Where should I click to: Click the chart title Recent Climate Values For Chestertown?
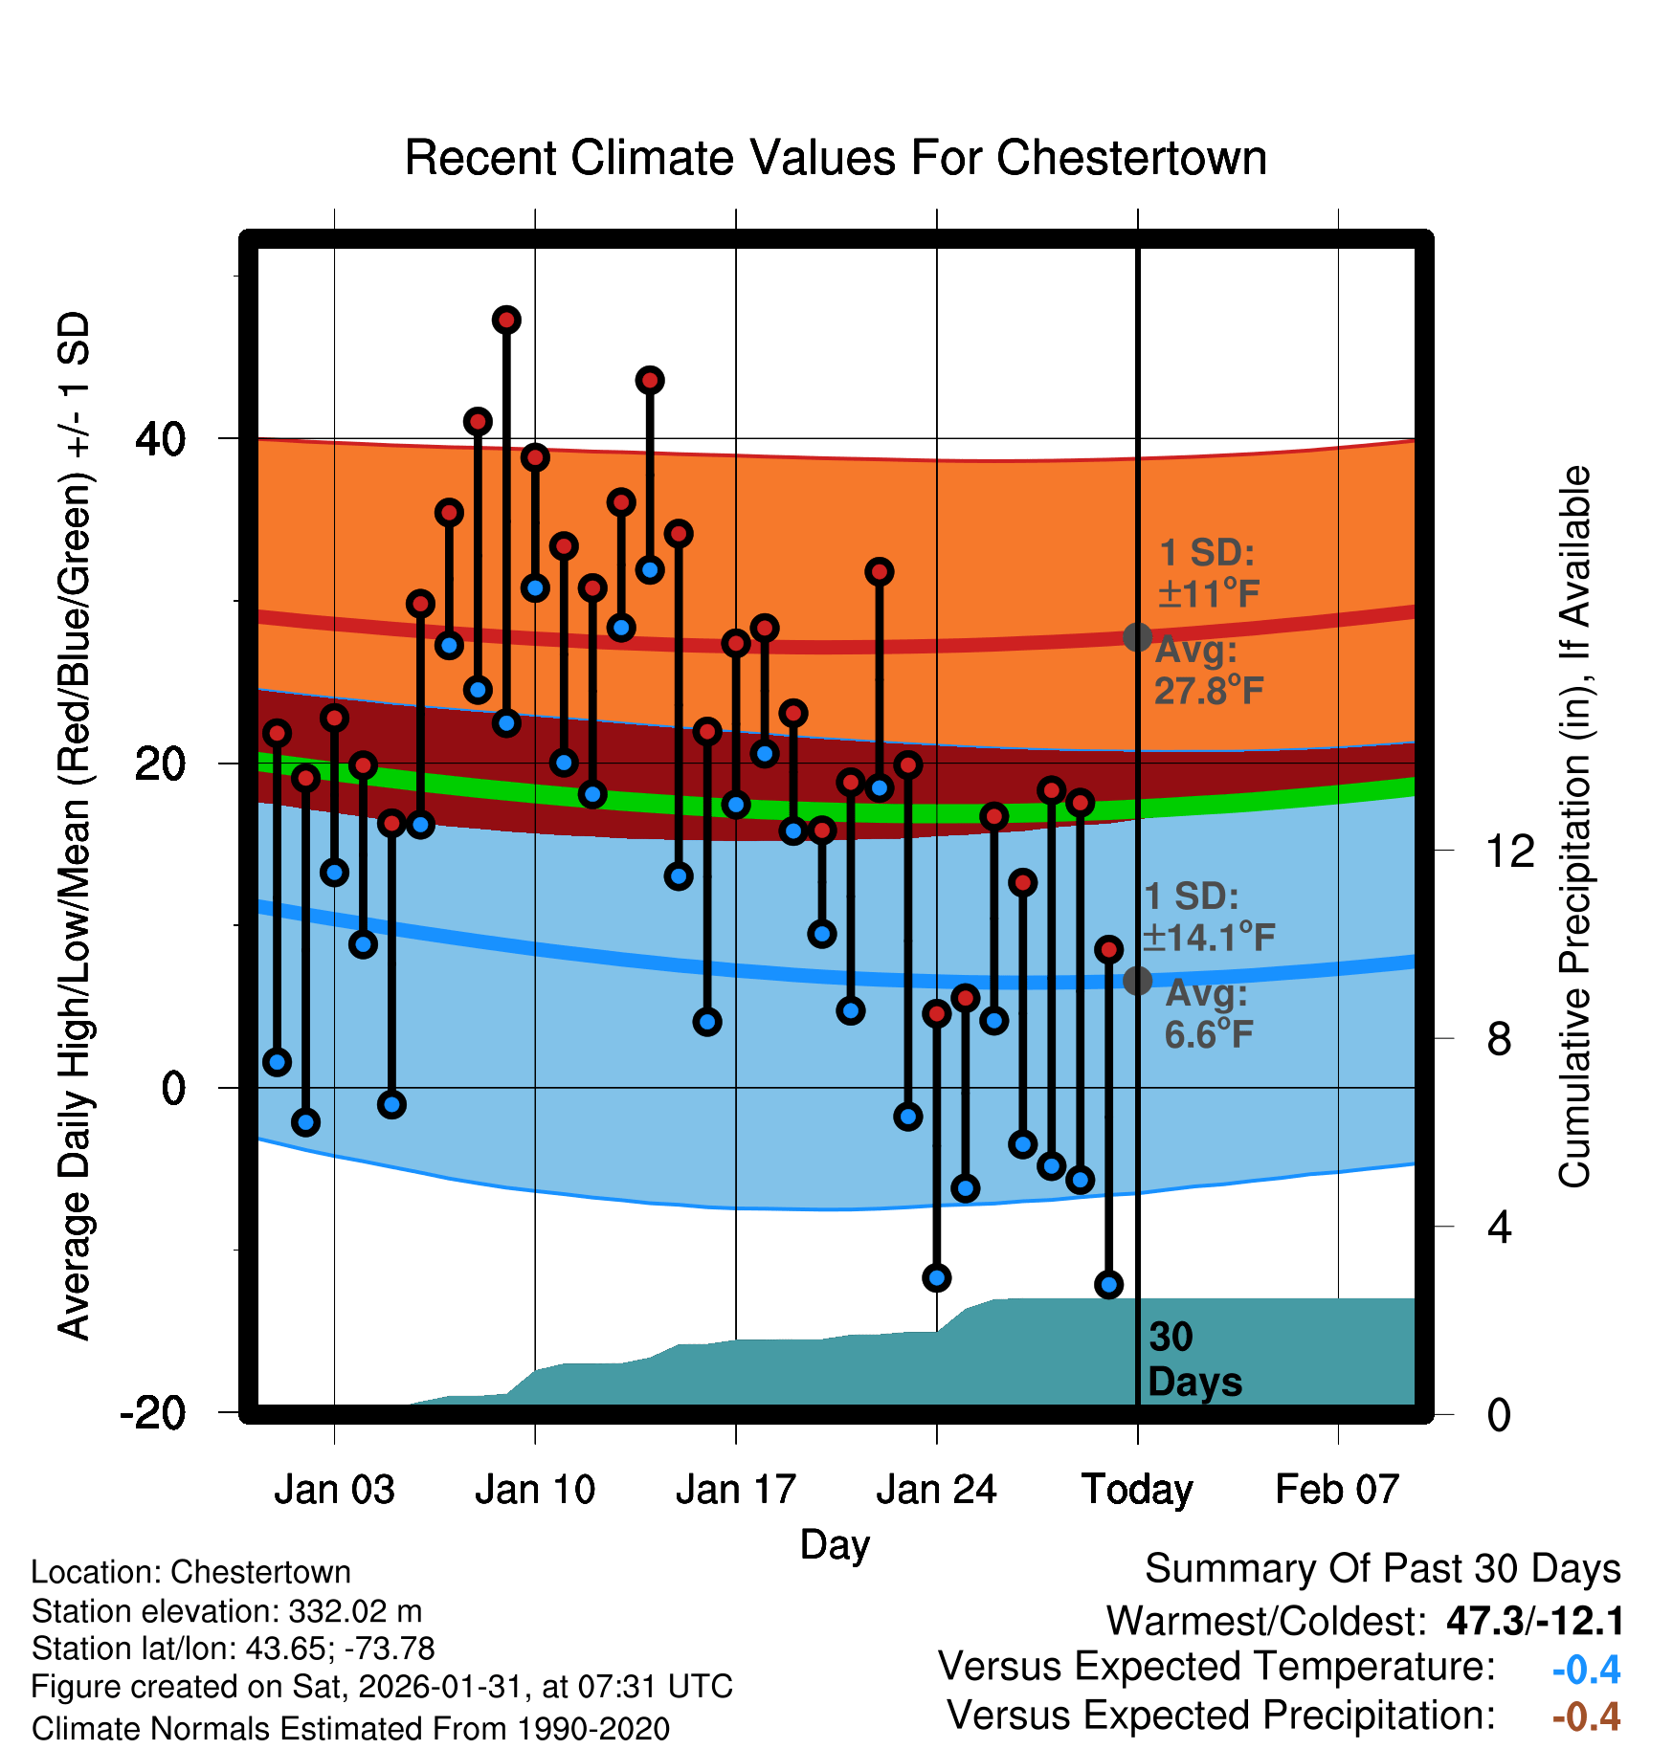(x=836, y=158)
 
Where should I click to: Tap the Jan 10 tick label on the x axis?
(x=535, y=1490)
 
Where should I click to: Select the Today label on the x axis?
(x=1137, y=1490)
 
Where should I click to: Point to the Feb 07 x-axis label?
(x=1337, y=1490)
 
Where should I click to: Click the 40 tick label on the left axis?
(x=161, y=439)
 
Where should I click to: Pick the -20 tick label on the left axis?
(x=153, y=1412)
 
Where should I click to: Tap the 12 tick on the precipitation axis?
(x=1510, y=851)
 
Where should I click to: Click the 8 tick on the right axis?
(x=1500, y=1038)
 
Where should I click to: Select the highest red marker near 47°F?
(x=506, y=320)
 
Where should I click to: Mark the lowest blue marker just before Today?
(x=1108, y=1285)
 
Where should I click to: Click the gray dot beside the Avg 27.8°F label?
(x=1137, y=637)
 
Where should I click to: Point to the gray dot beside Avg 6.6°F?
(x=1137, y=981)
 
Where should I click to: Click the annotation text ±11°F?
(x=1209, y=594)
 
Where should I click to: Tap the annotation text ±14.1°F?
(x=1210, y=938)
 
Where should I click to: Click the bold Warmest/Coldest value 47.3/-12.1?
(x=1535, y=1621)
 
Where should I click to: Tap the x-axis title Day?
(x=835, y=1544)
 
